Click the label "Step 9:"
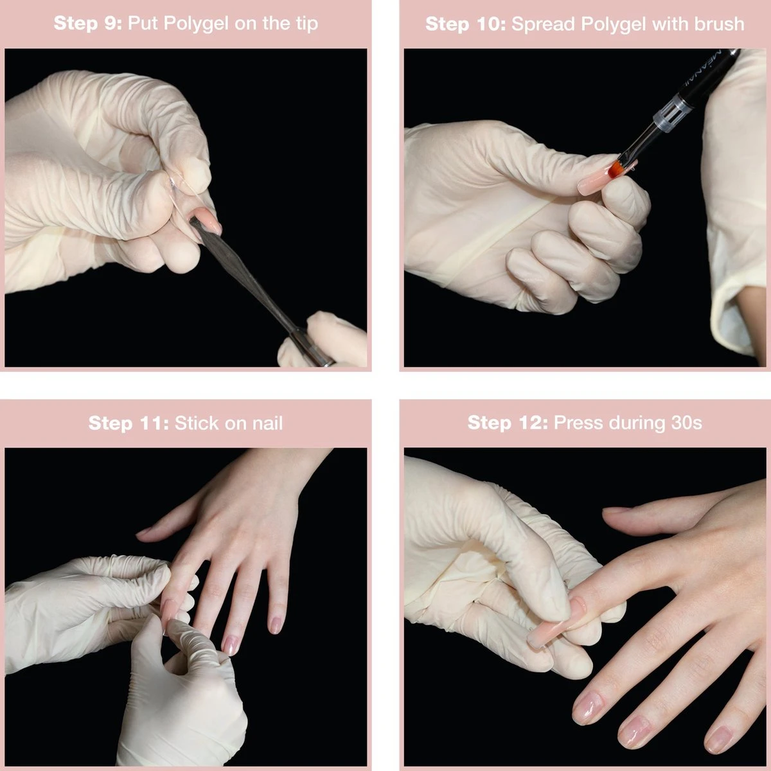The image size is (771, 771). (x=87, y=23)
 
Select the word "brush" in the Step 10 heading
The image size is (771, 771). (x=719, y=24)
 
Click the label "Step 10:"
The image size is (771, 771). (x=466, y=24)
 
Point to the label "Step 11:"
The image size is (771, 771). (x=128, y=423)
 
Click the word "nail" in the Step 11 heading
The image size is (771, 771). (x=267, y=423)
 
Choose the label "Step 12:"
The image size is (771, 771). (x=508, y=423)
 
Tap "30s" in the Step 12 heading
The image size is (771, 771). (x=686, y=423)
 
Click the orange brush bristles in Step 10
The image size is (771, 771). (x=615, y=168)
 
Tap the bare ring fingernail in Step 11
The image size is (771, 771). (x=231, y=645)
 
